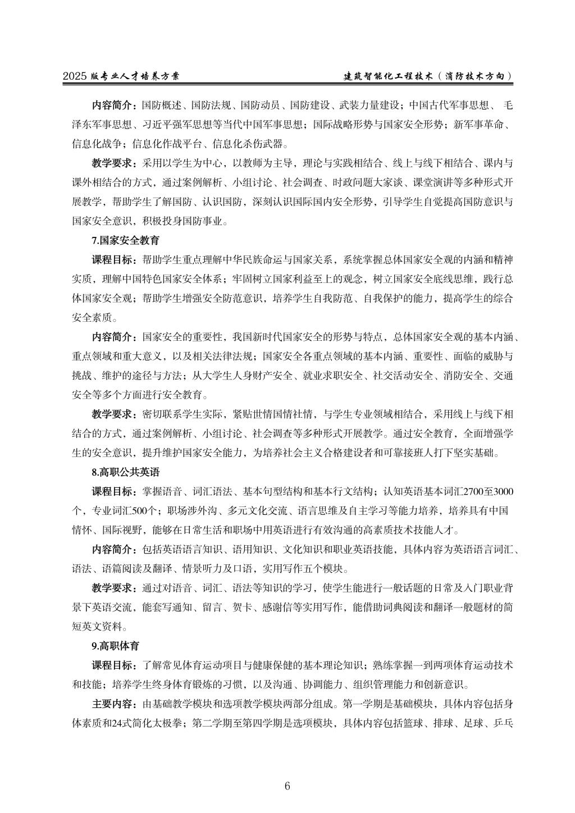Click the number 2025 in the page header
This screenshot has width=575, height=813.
point(75,77)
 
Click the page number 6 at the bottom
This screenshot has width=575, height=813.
point(287,785)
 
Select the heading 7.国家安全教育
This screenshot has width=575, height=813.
point(125,240)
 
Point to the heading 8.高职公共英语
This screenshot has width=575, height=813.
point(125,472)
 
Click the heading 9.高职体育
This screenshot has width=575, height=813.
point(116,646)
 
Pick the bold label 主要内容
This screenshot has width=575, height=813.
point(112,704)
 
